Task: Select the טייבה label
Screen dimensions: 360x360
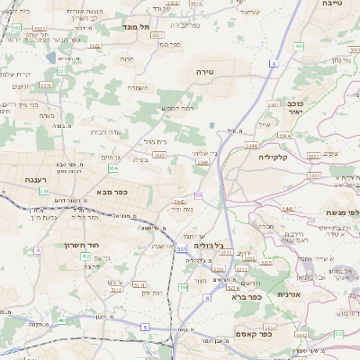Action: (x=331, y=4)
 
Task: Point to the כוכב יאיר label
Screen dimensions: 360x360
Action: (x=294, y=109)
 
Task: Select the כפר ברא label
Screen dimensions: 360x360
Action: (x=246, y=296)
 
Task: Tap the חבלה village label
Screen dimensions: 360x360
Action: (x=265, y=226)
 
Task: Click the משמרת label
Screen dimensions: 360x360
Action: (x=139, y=87)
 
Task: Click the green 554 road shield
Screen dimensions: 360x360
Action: (x=112, y=168)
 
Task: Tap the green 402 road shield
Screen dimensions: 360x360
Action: (x=85, y=257)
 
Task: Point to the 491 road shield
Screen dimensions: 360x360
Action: (x=62, y=320)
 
